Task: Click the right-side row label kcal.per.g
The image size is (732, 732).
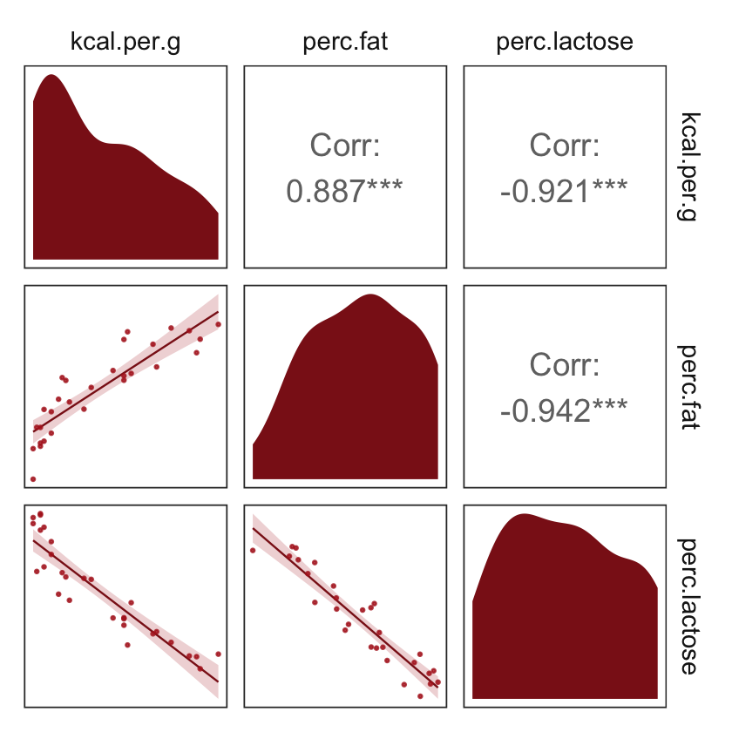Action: click(x=688, y=166)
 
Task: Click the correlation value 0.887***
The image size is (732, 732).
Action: click(x=345, y=191)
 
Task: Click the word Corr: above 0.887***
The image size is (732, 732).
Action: click(x=345, y=146)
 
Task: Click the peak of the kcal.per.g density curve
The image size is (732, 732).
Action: click(x=51, y=76)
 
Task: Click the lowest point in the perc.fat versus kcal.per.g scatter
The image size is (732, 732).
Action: click(x=33, y=479)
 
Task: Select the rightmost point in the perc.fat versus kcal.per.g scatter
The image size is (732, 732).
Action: click(x=218, y=324)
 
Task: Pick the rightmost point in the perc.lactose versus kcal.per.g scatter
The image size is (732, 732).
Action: click(x=218, y=654)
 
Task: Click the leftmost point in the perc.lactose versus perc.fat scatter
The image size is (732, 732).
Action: click(x=253, y=550)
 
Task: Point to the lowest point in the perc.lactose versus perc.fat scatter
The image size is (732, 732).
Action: click(x=420, y=695)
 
